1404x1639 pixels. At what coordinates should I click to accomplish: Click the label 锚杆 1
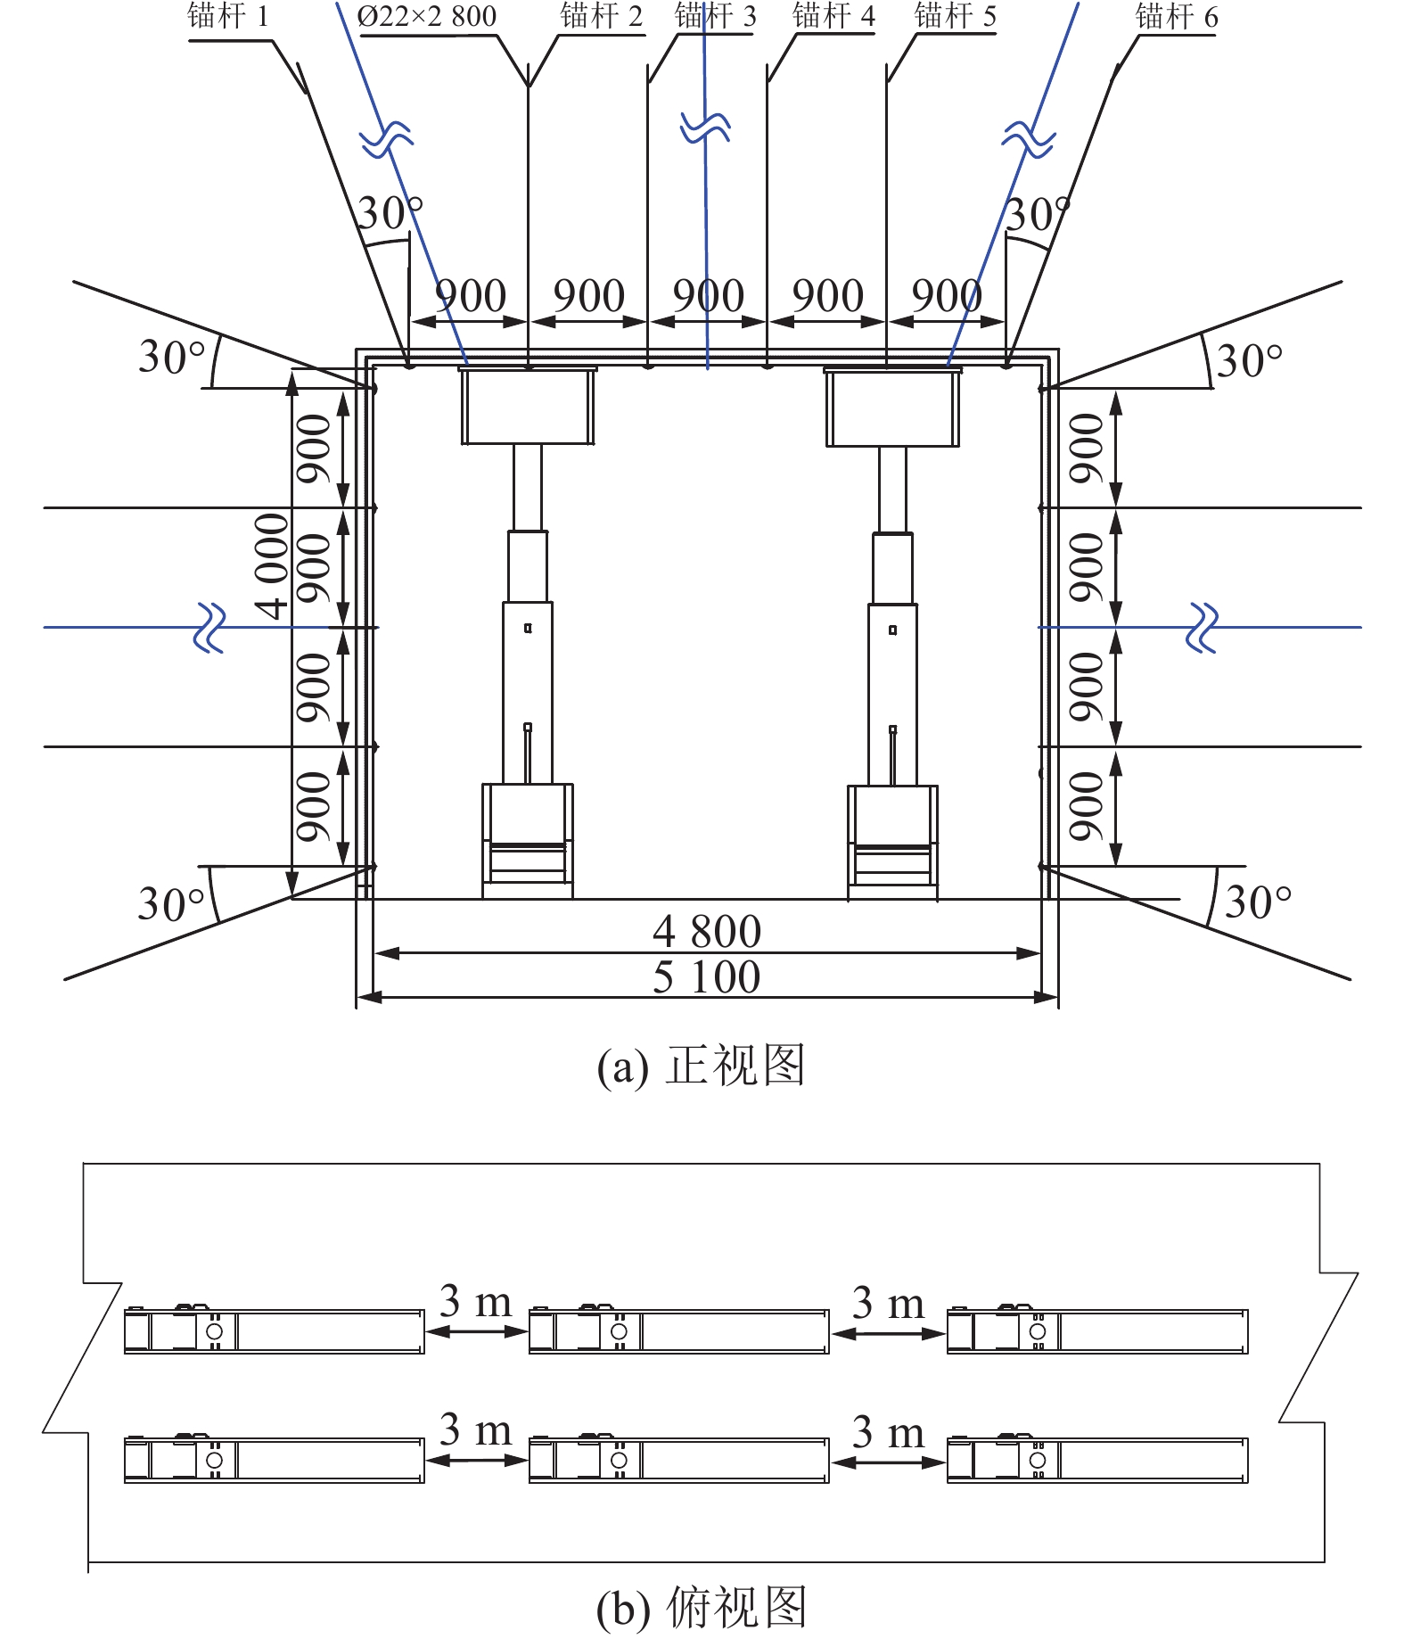[x=227, y=17]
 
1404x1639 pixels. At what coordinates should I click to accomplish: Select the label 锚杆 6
[x=1176, y=17]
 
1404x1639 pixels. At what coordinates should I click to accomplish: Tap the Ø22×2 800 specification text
[x=427, y=17]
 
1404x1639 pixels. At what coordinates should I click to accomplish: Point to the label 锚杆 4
[x=833, y=16]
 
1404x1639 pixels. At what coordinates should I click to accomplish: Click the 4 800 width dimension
[x=707, y=932]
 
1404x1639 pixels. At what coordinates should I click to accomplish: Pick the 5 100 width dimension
[x=707, y=976]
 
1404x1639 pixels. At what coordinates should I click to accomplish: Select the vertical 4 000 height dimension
[x=272, y=565]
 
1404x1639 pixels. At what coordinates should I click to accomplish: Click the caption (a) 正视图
[x=701, y=1066]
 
